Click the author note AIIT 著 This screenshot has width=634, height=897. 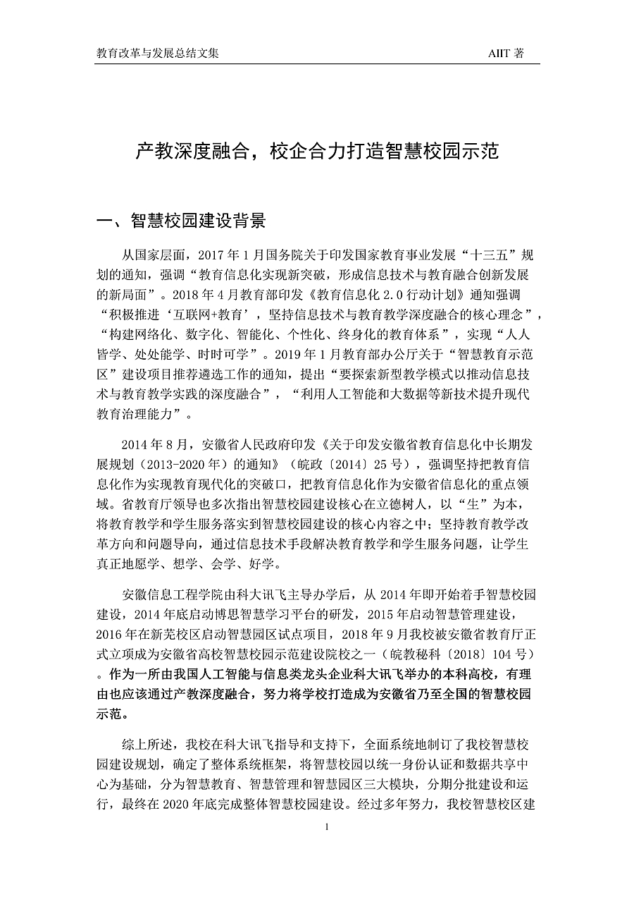[506, 54]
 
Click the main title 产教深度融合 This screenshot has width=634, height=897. [191, 152]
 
